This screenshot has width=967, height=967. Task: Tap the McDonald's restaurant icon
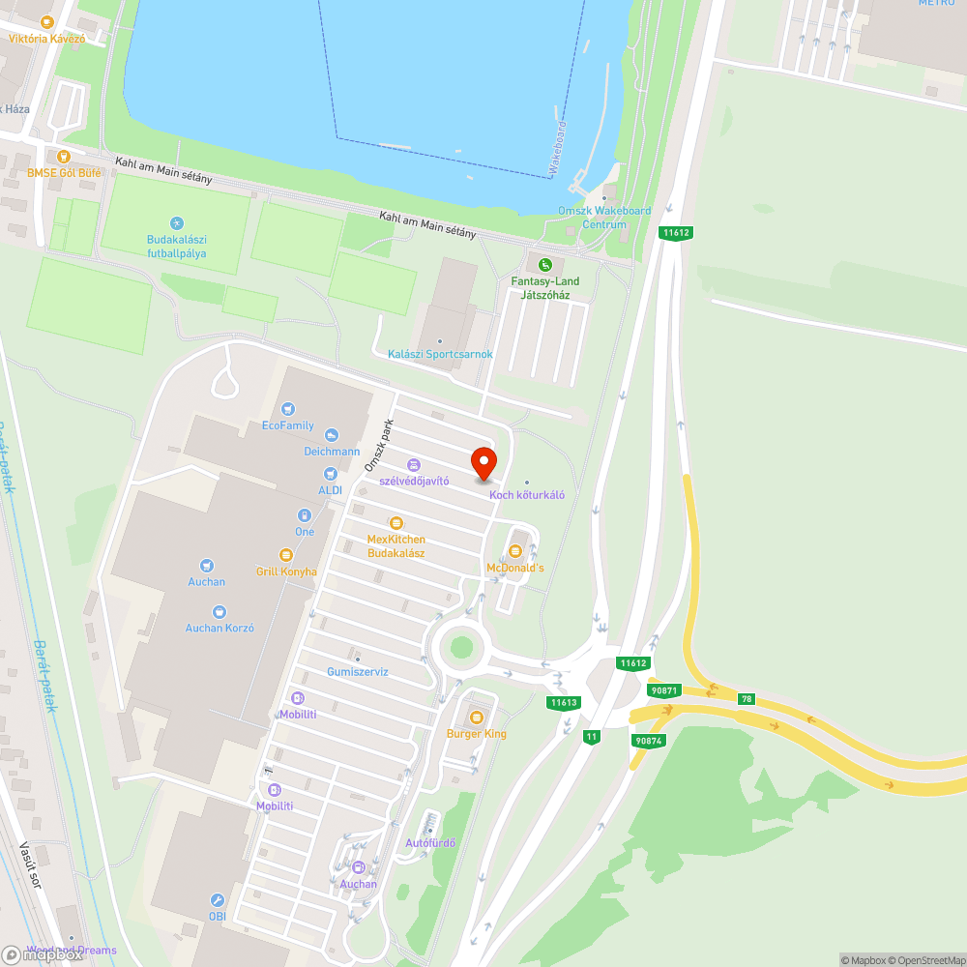(x=514, y=551)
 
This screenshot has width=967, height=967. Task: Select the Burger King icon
(x=476, y=718)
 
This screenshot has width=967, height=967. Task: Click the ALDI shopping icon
(x=331, y=473)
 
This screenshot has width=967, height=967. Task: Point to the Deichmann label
(x=332, y=452)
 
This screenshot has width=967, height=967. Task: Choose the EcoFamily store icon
(x=287, y=409)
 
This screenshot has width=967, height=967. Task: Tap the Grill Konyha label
(x=286, y=571)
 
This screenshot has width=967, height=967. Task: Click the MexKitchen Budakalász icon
(x=396, y=523)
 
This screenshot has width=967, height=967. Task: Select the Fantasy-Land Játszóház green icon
(x=545, y=264)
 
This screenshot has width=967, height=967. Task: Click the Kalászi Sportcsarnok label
(x=440, y=354)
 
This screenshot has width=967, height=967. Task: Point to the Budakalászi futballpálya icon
(x=176, y=223)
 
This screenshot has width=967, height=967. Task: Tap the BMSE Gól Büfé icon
(x=64, y=156)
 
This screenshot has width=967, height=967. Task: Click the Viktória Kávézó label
(x=47, y=39)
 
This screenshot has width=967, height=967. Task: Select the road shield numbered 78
(x=746, y=698)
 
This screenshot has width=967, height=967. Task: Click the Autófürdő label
(x=430, y=842)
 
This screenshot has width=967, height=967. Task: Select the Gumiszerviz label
(x=358, y=671)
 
